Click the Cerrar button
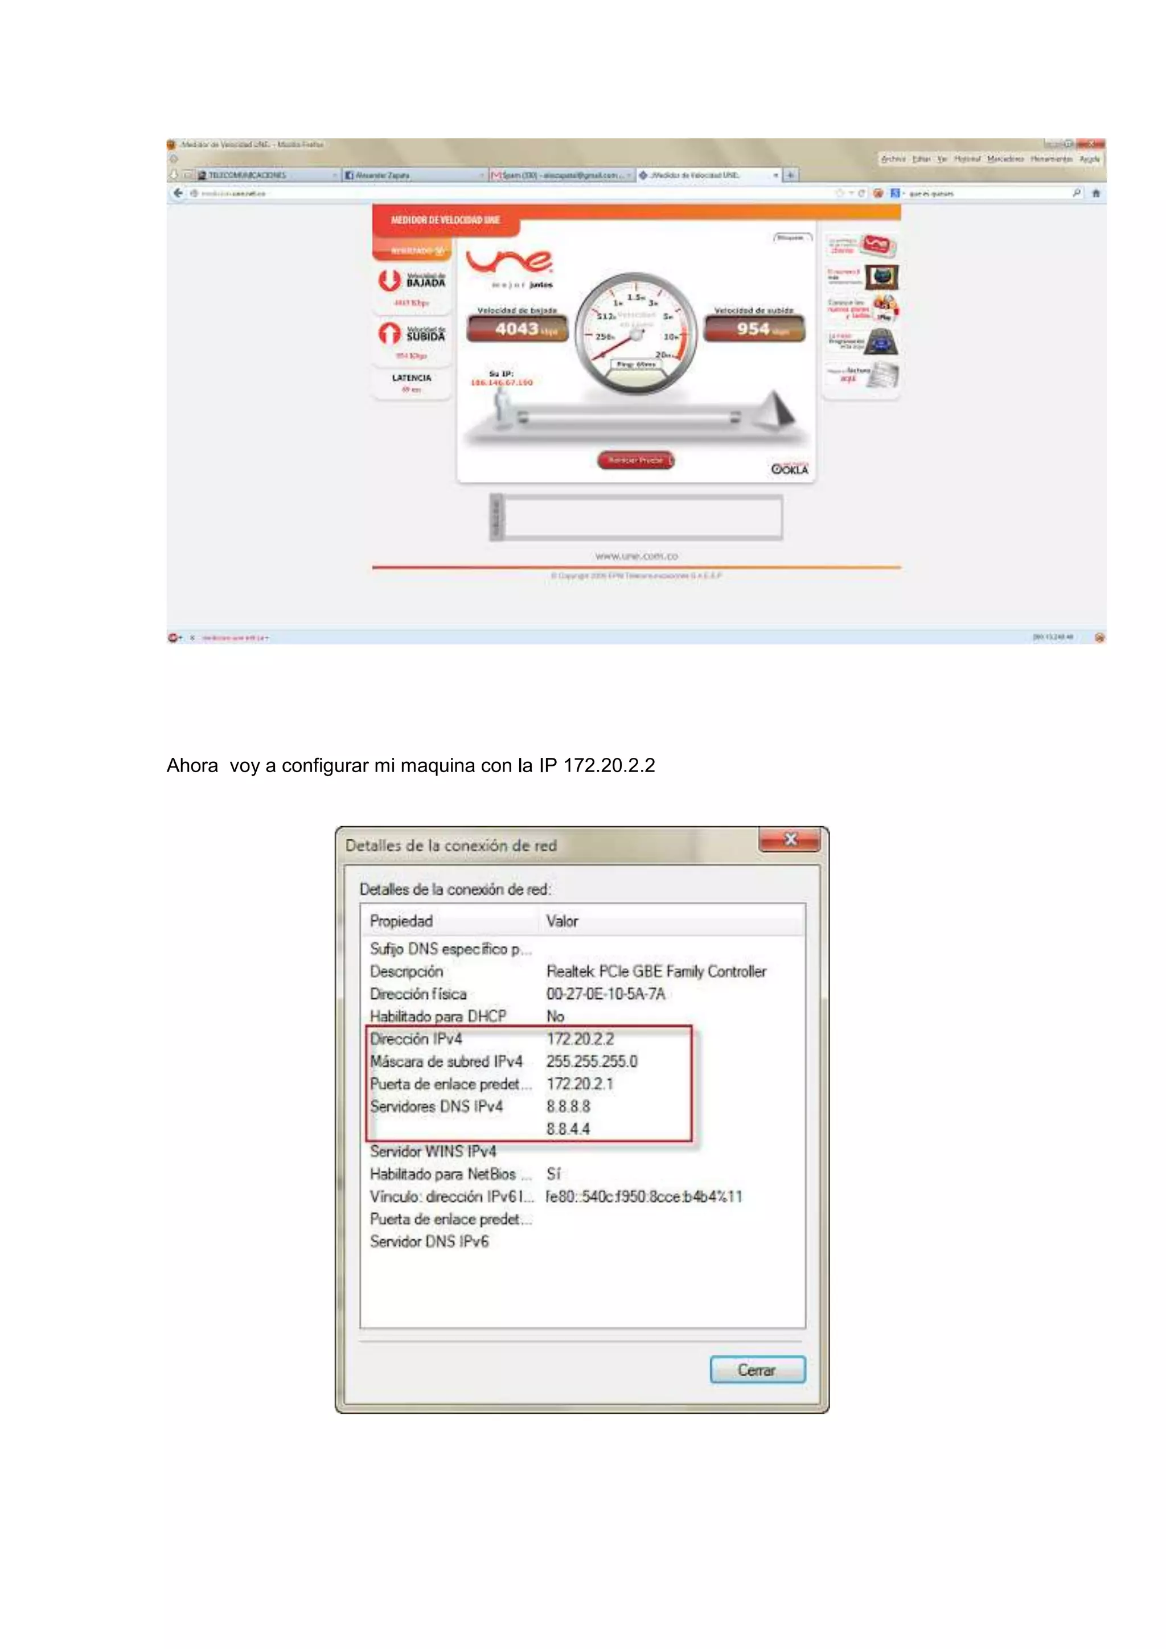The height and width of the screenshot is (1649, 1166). [x=757, y=1369]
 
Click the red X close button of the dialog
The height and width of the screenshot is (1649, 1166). [x=790, y=839]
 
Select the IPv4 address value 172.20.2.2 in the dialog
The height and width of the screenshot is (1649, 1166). [x=580, y=1039]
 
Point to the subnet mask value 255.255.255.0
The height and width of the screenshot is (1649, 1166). [x=592, y=1061]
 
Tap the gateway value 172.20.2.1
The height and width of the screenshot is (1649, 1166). [x=580, y=1083]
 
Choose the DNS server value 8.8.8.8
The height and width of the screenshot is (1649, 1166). [x=568, y=1106]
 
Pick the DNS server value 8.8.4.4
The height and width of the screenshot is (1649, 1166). [x=568, y=1129]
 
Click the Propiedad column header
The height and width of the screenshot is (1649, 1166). [x=401, y=921]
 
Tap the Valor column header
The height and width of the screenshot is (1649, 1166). [x=561, y=921]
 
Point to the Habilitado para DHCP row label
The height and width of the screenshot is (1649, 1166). [x=438, y=1016]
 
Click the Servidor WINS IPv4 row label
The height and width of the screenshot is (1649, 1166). [x=433, y=1151]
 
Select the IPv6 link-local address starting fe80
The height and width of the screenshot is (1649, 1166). [x=643, y=1196]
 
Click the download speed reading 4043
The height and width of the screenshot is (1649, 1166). [x=518, y=329]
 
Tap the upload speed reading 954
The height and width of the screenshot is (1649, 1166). [x=754, y=329]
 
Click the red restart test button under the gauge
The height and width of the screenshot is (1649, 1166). [x=635, y=460]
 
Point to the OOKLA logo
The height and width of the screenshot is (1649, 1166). [x=790, y=469]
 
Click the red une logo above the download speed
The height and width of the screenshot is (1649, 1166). [x=509, y=261]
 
